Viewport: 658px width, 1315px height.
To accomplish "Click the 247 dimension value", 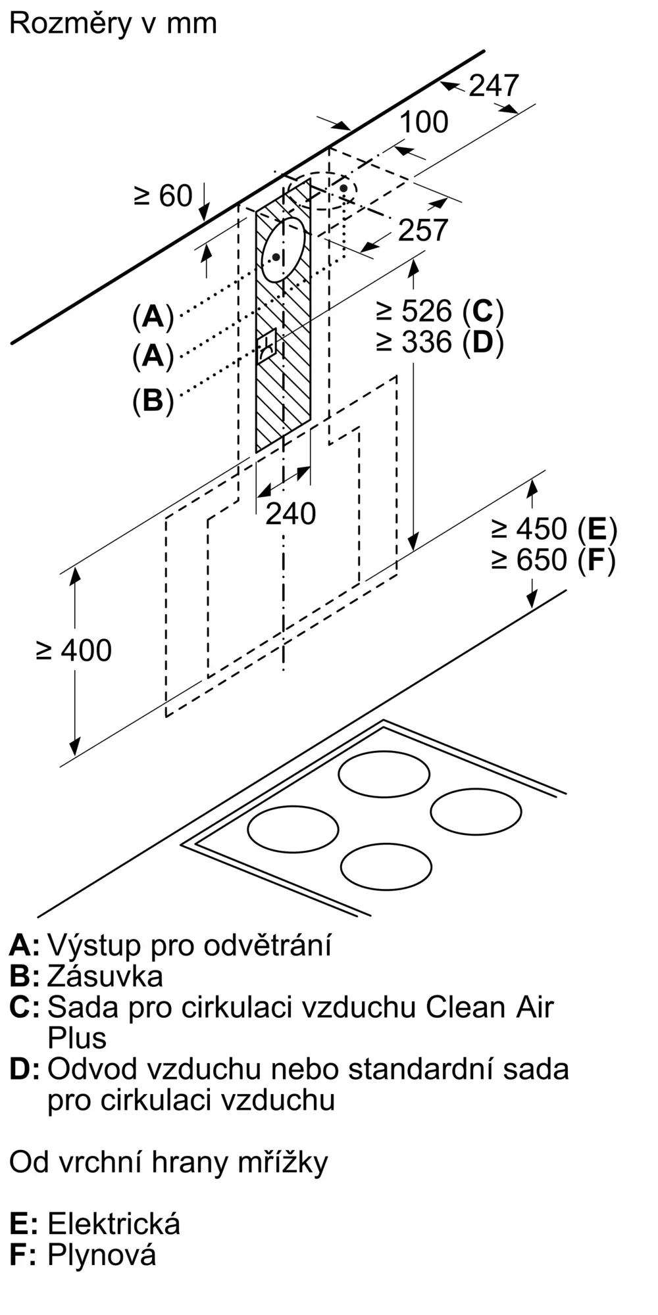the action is (x=493, y=86).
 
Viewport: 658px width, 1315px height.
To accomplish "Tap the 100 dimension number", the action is (x=424, y=122).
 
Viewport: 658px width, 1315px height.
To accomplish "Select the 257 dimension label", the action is (x=423, y=230).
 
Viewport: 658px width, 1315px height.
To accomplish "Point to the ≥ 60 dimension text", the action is (x=163, y=196).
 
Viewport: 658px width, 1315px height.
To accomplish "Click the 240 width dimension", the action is (x=290, y=514).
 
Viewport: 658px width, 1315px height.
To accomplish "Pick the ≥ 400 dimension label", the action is (x=74, y=651).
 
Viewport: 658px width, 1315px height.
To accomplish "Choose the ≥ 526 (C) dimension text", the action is (x=440, y=311).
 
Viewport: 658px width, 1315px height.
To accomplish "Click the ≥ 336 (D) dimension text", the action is (x=440, y=342).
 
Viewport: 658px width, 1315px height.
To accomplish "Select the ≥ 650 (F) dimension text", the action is (x=554, y=560).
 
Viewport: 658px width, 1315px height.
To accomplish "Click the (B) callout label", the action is (x=153, y=400).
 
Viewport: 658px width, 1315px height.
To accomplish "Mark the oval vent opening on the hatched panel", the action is (x=284, y=249).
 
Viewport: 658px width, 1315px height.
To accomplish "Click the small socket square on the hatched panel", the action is (x=269, y=345).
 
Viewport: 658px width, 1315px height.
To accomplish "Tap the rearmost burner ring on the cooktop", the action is (x=384, y=774).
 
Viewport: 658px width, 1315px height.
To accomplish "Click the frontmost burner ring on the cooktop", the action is (x=386, y=867).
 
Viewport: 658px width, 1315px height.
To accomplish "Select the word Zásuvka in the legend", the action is (x=105, y=976).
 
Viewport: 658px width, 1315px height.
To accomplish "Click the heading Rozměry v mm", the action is (x=113, y=24).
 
